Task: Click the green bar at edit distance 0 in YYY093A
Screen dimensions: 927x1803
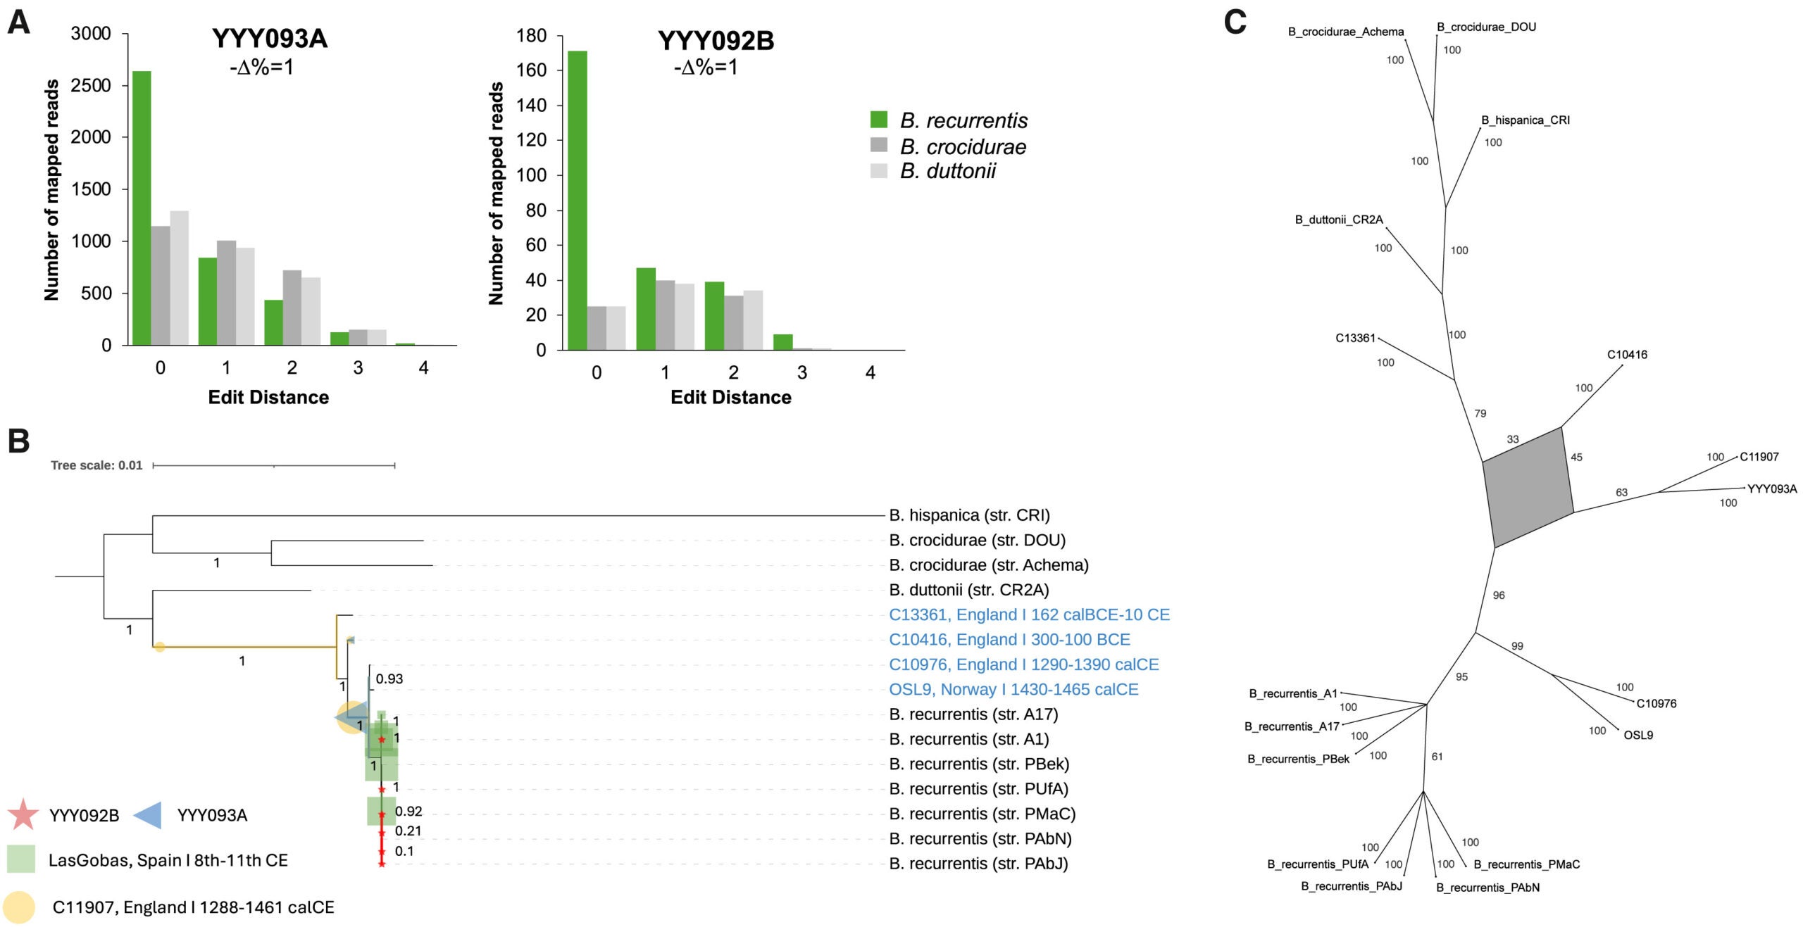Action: pyautogui.click(x=141, y=208)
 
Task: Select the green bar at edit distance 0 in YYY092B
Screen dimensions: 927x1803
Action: pyautogui.click(x=577, y=201)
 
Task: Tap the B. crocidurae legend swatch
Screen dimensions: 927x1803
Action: pyautogui.click(x=878, y=146)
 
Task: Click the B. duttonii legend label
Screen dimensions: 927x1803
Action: pyautogui.click(x=947, y=171)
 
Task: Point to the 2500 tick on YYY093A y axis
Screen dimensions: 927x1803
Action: pyautogui.click(x=91, y=85)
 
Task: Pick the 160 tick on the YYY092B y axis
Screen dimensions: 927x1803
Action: pyautogui.click(x=532, y=70)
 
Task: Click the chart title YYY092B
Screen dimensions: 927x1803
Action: pyautogui.click(x=716, y=41)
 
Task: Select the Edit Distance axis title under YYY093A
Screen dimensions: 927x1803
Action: pyautogui.click(x=268, y=397)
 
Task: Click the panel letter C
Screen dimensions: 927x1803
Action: pyautogui.click(x=1235, y=23)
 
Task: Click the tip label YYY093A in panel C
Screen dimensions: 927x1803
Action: pyautogui.click(x=1771, y=488)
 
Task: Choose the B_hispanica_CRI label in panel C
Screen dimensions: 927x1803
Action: pyautogui.click(x=1525, y=120)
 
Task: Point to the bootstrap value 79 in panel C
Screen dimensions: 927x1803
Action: pyautogui.click(x=1480, y=414)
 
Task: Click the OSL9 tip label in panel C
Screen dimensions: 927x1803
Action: pyautogui.click(x=1638, y=735)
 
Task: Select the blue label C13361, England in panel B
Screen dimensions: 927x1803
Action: pyautogui.click(x=1028, y=614)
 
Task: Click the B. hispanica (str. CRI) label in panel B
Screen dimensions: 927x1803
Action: pyautogui.click(x=969, y=515)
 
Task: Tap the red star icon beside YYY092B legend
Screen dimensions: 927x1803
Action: pyautogui.click(x=23, y=814)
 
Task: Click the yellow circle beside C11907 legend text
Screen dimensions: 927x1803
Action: pyautogui.click(x=18, y=907)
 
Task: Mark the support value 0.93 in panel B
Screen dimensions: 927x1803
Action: pyautogui.click(x=389, y=679)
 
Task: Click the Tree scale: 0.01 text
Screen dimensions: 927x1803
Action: pyautogui.click(x=96, y=465)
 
